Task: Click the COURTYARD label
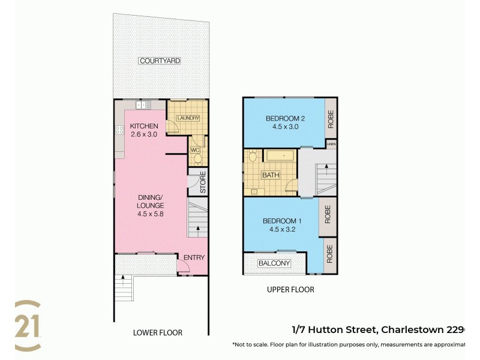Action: [160, 61]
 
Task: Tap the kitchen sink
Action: [143, 105]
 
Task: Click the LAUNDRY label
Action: [187, 118]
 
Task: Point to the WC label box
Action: [194, 149]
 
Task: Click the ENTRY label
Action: [194, 257]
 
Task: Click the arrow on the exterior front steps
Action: [122, 278]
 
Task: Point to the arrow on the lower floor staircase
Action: [196, 229]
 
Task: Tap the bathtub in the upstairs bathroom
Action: [280, 156]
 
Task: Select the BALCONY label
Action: [274, 263]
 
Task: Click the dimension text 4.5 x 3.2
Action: [282, 229]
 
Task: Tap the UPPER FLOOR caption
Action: [290, 290]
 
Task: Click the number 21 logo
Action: [28, 326]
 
